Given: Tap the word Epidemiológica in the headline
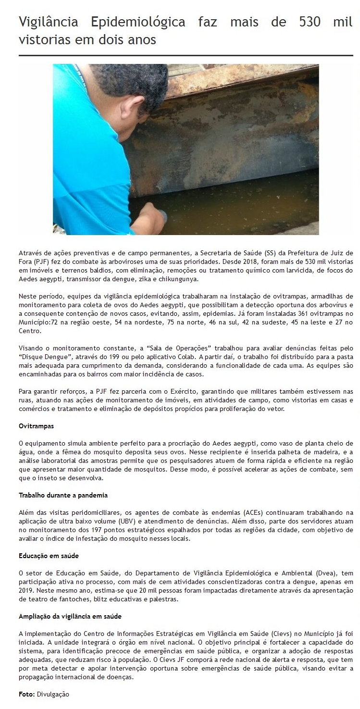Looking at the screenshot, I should [138, 22].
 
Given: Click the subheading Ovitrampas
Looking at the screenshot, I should [36, 426].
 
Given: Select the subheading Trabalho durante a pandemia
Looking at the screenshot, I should [63, 495].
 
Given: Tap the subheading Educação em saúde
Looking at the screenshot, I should [49, 556].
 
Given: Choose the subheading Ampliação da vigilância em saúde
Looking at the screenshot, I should [70, 616].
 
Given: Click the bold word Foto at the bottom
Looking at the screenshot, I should [26, 694].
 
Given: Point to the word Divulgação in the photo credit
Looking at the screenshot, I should [53, 694].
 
